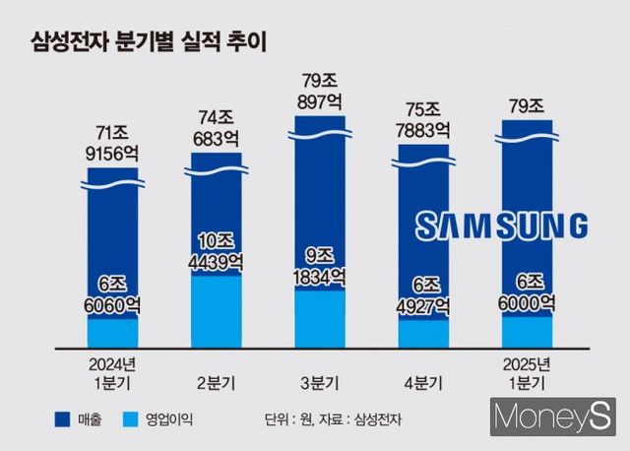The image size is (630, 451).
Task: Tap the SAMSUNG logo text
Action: pos(501,225)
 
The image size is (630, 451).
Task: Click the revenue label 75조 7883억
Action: pos(423,120)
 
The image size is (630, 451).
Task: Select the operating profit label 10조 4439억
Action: pos(217,252)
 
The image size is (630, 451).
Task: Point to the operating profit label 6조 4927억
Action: pos(423,293)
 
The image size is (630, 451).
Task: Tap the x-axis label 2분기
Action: pos(217,380)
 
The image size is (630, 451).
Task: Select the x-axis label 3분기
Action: pos(320,380)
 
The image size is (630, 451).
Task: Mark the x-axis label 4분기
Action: pos(423,380)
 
